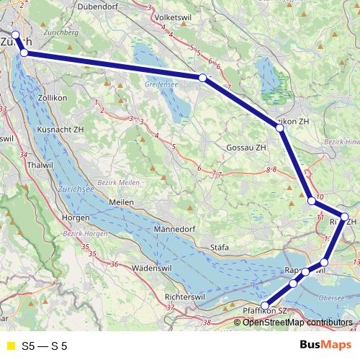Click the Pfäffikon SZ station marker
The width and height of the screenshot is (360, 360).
[x=265, y=306]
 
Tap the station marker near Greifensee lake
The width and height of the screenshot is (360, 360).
[x=202, y=78]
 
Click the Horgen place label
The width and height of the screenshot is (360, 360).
[x=76, y=217]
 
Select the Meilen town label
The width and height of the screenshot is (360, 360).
[x=121, y=203]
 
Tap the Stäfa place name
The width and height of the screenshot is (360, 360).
[x=220, y=248]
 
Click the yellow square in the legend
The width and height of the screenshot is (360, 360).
[x=10, y=346]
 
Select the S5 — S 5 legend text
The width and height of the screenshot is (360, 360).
[x=45, y=346]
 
